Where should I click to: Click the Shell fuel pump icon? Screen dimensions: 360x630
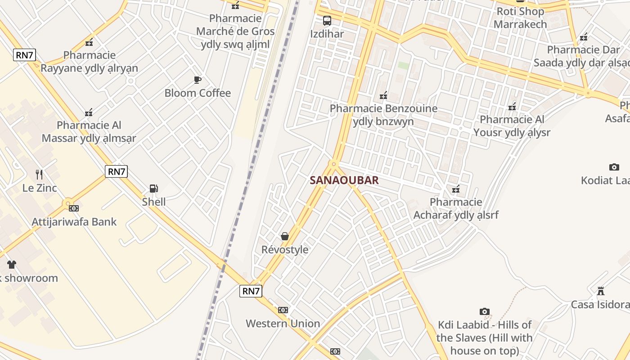(x=153, y=189)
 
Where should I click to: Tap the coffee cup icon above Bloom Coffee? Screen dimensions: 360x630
(x=197, y=80)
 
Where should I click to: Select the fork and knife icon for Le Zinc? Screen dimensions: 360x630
(x=39, y=174)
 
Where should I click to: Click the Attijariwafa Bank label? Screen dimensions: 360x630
(x=74, y=222)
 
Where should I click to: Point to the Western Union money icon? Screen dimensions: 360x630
(x=283, y=310)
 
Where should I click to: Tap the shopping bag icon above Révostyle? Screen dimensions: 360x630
(x=284, y=236)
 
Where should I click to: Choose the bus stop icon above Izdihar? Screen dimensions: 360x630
(x=327, y=20)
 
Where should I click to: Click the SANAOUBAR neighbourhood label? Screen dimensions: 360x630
(x=344, y=180)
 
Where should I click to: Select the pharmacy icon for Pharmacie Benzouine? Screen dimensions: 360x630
(x=383, y=95)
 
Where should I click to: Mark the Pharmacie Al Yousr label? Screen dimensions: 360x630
(x=512, y=126)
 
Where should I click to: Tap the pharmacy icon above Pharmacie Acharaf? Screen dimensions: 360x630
(x=456, y=189)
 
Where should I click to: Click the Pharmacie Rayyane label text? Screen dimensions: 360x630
(x=89, y=62)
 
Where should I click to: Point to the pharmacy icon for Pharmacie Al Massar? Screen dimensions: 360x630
(x=89, y=112)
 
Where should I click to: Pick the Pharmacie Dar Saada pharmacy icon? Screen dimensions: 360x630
(x=584, y=37)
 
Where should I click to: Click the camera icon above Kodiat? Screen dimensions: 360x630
(x=614, y=167)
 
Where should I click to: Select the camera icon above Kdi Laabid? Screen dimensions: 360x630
(x=484, y=311)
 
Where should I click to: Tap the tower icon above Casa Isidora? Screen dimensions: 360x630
(x=600, y=291)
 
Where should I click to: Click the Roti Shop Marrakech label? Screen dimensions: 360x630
(x=520, y=18)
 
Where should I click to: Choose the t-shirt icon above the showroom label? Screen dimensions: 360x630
(x=11, y=265)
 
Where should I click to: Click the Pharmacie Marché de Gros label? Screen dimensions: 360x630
(x=235, y=31)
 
